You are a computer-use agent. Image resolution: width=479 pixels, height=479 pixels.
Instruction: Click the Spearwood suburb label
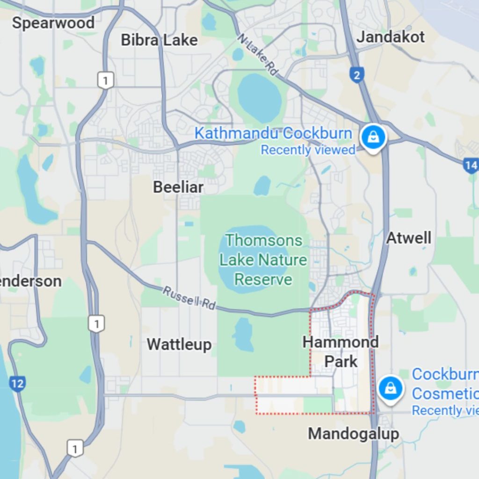53,22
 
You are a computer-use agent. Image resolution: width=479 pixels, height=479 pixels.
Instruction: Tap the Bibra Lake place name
159,40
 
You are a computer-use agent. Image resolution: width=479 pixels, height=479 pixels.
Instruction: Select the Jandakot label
391,37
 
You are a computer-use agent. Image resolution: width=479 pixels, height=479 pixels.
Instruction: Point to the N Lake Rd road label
257,55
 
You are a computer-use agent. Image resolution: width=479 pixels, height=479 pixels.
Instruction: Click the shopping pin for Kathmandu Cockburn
373,137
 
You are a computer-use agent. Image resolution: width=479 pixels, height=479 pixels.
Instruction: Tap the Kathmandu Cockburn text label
273,133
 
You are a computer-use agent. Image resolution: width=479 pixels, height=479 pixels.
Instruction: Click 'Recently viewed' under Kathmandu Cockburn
308,150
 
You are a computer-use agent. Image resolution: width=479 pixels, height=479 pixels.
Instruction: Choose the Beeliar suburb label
178,188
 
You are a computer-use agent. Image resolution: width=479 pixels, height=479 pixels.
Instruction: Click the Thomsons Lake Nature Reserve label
263,260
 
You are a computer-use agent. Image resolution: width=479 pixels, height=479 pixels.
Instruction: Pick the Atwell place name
408,238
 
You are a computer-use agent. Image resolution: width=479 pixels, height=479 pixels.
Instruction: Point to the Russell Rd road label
189,298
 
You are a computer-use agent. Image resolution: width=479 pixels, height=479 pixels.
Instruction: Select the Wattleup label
179,345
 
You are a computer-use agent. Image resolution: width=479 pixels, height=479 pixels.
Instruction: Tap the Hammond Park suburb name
341,351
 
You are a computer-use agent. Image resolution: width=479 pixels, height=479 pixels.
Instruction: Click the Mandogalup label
353,434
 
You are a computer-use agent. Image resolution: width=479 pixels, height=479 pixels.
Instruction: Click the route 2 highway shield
356,74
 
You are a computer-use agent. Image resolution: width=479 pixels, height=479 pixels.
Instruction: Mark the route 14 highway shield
471,165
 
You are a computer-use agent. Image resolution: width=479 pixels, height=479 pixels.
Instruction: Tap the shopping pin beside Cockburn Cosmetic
390,388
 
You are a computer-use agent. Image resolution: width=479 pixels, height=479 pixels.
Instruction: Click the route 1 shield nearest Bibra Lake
105,80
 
